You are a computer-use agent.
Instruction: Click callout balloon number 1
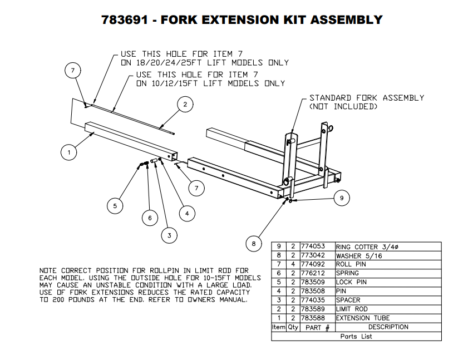[x=68, y=152]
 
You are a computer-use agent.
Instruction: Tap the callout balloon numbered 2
[x=185, y=104]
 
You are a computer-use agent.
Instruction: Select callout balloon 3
[x=169, y=236]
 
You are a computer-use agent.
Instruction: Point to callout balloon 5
[x=115, y=206]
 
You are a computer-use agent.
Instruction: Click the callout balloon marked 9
[x=342, y=198]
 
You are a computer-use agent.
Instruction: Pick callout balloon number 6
[x=149, y=218]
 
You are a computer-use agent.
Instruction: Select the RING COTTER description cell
[x=361, y=246]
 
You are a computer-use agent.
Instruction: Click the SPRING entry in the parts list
[x=347, y=274]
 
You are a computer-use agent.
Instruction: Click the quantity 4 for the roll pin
[x=293, y=265]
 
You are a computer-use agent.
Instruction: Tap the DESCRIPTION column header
[x=388, y=327]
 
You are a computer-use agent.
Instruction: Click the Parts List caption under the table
[x=356, y=336]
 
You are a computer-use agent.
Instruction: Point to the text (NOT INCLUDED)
[x=343, y=107]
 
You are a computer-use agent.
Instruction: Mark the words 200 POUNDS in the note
[x=72, y=300]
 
